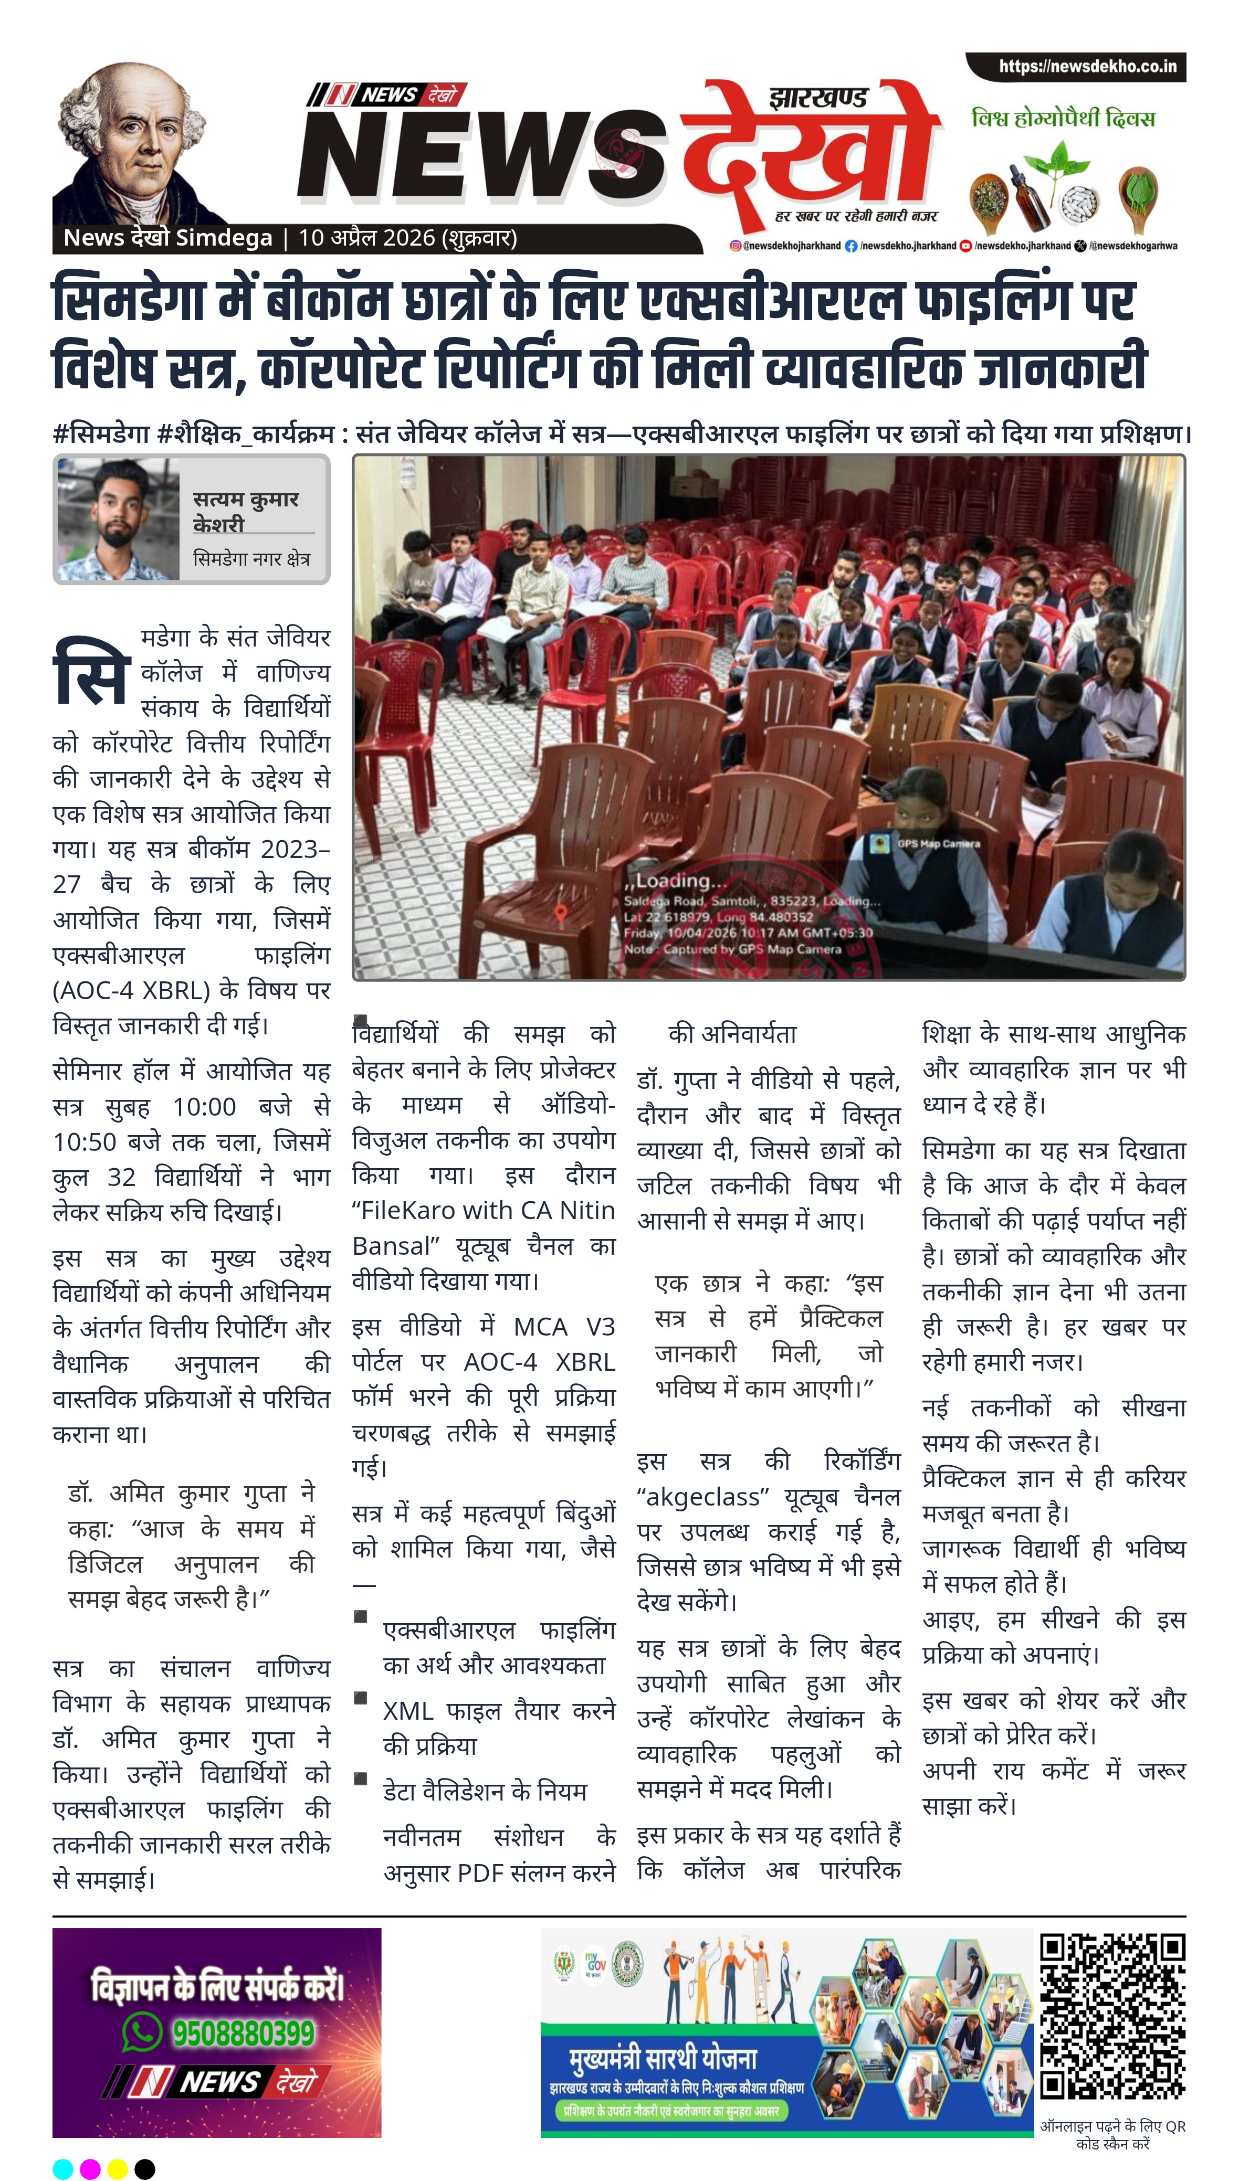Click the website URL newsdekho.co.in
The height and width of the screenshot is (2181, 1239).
(x=1087, y=66)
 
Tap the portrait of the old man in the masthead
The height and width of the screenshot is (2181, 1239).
(x=136, y=140)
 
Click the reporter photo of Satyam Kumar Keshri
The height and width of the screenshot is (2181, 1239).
(x=118, y=519)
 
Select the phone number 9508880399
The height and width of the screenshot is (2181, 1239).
(x=244, y=2033)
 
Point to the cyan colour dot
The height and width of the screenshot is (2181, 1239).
(x=63, y=2168)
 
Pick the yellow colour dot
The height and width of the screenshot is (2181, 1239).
(x=118, y=2168)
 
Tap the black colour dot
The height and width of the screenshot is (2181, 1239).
(x=145, y=2168)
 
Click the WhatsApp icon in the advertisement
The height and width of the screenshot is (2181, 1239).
(x=142, y=2033)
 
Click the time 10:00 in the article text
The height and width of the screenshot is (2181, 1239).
(x=204, y=1107)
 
